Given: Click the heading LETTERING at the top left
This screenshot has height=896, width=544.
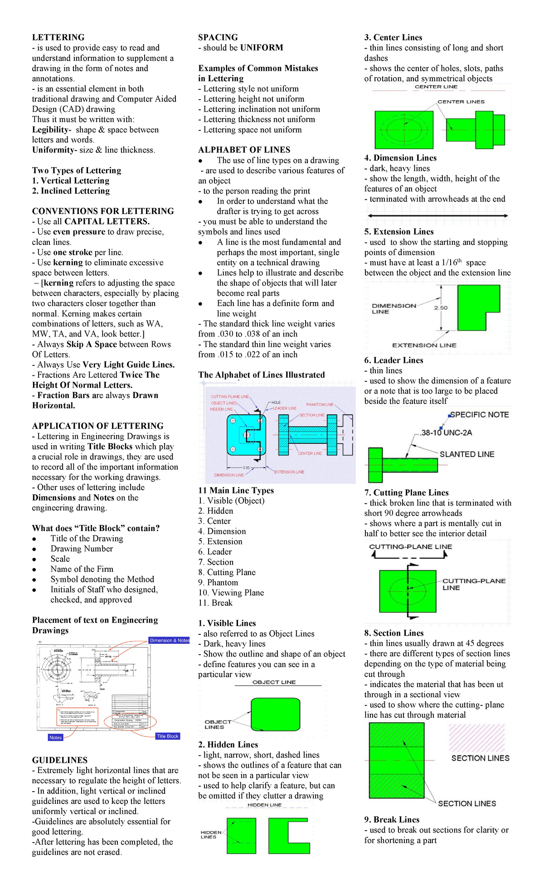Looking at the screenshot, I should coord(58,37).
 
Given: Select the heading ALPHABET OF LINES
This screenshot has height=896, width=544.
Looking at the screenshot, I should coord(244,150).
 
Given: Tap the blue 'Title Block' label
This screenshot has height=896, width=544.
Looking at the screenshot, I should coord(167,736).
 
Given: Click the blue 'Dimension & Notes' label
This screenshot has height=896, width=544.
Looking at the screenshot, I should coord(169,640).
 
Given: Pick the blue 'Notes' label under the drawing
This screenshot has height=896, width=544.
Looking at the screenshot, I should coord(55,737).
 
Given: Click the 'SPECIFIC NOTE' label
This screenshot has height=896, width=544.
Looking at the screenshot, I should coord(479,414).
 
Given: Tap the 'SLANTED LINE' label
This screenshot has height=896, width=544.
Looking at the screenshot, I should coord(466,454).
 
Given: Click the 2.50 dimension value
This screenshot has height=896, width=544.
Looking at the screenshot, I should coord(441,308).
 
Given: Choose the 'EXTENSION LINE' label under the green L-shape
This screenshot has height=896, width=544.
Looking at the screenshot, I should coord(424,345).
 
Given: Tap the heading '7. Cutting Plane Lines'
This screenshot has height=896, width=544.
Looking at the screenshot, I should coord(406,492).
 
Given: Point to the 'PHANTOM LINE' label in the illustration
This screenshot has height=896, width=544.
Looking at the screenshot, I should coord(320,404).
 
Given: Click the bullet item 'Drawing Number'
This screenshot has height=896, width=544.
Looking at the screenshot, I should coord(82,549).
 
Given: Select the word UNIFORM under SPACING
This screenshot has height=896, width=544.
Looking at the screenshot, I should coord(262,48).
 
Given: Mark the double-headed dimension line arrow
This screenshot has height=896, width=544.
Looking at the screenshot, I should coord(437,216).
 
